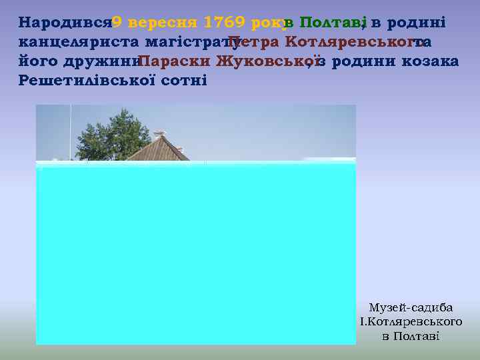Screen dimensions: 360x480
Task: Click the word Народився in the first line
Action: click(x=64, y=23)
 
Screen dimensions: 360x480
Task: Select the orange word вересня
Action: click(x=163, y=23)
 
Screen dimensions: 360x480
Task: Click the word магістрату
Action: click(x=189, y=42)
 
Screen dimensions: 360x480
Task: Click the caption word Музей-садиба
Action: click(x=411, y=308)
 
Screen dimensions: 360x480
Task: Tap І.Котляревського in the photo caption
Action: click(x=411, y=322)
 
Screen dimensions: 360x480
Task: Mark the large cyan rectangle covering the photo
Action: click(x=196, y=253)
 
